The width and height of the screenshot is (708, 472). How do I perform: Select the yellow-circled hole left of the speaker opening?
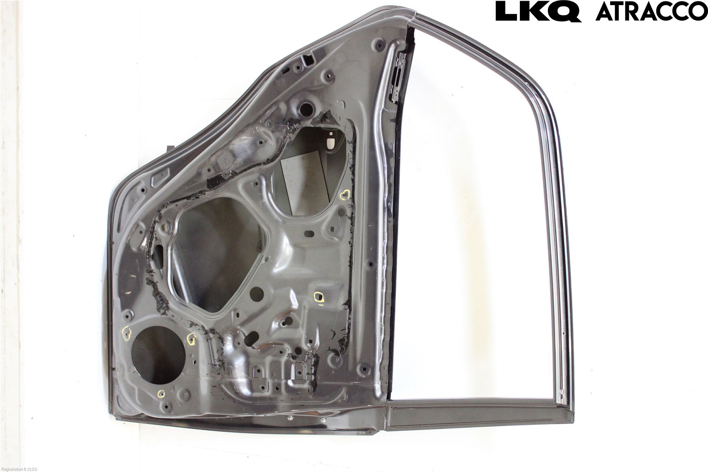pyautogui.click(x=127, y=333)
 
